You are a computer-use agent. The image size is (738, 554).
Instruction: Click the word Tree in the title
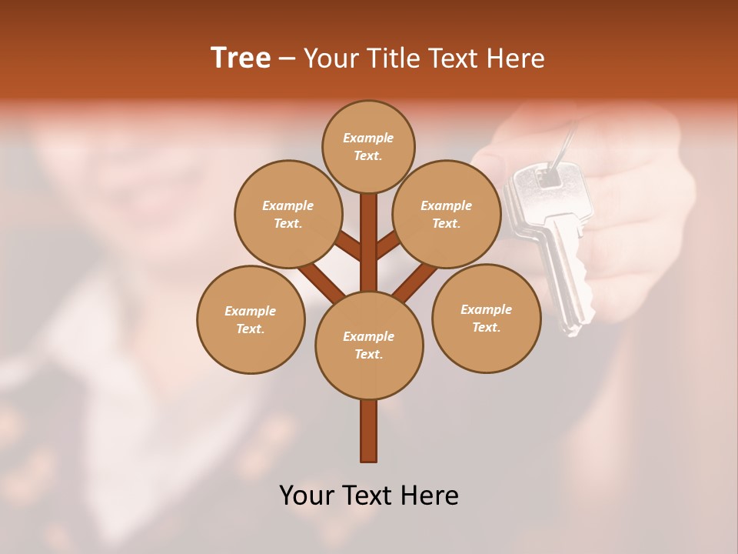point(241,58)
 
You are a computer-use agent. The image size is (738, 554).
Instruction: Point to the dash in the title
point(287,59)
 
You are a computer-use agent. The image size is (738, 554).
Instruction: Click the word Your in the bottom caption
point(307,496)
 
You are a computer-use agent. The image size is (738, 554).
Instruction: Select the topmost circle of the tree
point(368,146)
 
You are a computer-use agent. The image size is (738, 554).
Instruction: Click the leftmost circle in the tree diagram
point(251,319)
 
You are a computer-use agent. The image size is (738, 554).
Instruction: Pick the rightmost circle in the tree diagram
point(486,318)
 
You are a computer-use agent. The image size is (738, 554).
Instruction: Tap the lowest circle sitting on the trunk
point(369,345)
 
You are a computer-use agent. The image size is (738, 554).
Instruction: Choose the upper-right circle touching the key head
point(447,214)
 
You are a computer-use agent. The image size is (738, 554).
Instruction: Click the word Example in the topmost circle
point(368,138)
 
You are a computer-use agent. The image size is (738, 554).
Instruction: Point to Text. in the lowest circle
point(368,354)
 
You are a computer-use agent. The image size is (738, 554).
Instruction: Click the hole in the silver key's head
point(548,178)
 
